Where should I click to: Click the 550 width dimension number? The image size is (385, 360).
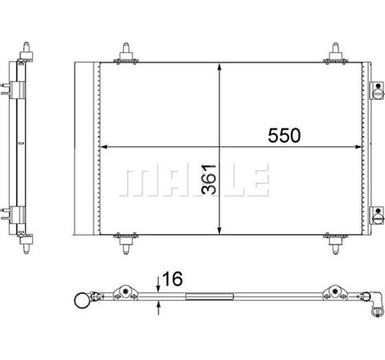[x=284, y=136]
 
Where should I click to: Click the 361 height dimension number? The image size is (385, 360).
[x=209, y=179]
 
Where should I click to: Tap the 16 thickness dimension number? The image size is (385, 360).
[x=172, y=279]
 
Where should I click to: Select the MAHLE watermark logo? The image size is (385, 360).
[x=193, y=180]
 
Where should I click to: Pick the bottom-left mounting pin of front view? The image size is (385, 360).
[x=126, y=243]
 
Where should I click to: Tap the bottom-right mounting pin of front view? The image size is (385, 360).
[x=335, y=243]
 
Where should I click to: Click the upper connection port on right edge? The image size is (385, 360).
[x=378, y=91]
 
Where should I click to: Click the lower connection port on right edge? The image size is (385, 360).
[x=378, y=215]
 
